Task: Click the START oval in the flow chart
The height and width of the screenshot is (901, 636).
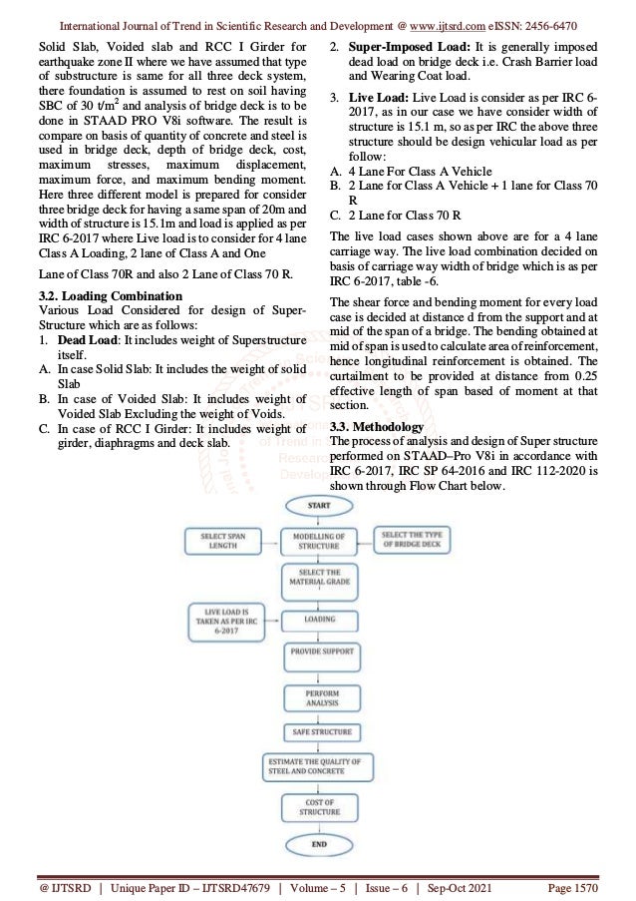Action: coord(319,506)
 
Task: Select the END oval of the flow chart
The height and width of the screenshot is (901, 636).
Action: coord(319,843)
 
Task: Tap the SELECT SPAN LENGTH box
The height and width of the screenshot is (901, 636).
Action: coord(224,543)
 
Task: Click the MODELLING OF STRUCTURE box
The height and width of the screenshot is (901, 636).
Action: coord(319,543)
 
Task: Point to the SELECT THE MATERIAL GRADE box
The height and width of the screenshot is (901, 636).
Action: coord(319,581)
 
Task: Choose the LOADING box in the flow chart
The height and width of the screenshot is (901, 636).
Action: coord(319,619)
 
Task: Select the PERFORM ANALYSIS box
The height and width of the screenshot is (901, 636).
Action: coord(319,695)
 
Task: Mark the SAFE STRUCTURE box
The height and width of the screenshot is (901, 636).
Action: coord(319,732)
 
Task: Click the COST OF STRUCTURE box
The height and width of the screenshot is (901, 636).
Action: coord(319,806)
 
